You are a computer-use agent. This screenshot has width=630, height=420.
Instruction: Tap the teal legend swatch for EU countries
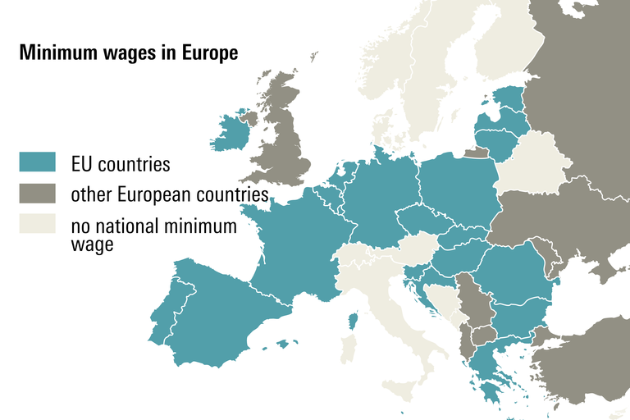click(x=37, y=162)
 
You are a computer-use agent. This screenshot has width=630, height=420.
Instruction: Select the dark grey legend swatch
click(x=37, y=194)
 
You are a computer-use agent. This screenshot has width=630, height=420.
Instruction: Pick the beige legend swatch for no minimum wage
click(x=37, y=225)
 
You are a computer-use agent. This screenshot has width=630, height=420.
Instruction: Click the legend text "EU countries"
click(x=121, y=164)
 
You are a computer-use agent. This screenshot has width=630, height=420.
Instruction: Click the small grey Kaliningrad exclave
click(x=475, y=153)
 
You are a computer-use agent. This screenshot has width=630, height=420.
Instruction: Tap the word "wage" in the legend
click(x=92, y=244)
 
